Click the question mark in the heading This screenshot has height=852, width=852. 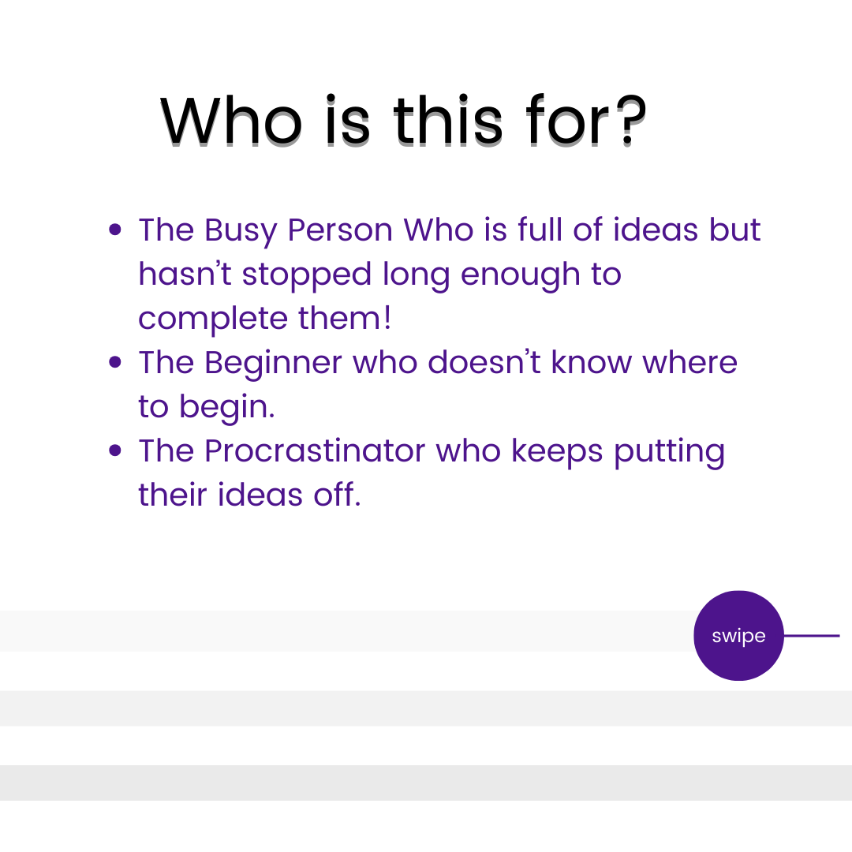point(633,121)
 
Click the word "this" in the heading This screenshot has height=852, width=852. point(448,120)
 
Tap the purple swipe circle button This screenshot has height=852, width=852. point(738,635)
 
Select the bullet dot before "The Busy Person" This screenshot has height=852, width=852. point(114,230)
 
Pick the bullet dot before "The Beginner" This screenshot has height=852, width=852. point(114,362)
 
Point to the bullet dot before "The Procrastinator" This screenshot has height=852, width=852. point(114,450)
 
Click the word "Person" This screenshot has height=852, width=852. point(340,230)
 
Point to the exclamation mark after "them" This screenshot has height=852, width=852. point(387,317)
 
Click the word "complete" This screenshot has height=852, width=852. point(212,319)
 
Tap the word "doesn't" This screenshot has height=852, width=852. point(484,362)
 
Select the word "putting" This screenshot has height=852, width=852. point(670,452)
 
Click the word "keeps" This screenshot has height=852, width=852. point(557,451)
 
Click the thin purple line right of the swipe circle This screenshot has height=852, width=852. point(812,635)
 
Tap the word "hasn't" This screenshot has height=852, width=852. point(185,273)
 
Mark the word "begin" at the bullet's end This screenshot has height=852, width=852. point(224,408)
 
